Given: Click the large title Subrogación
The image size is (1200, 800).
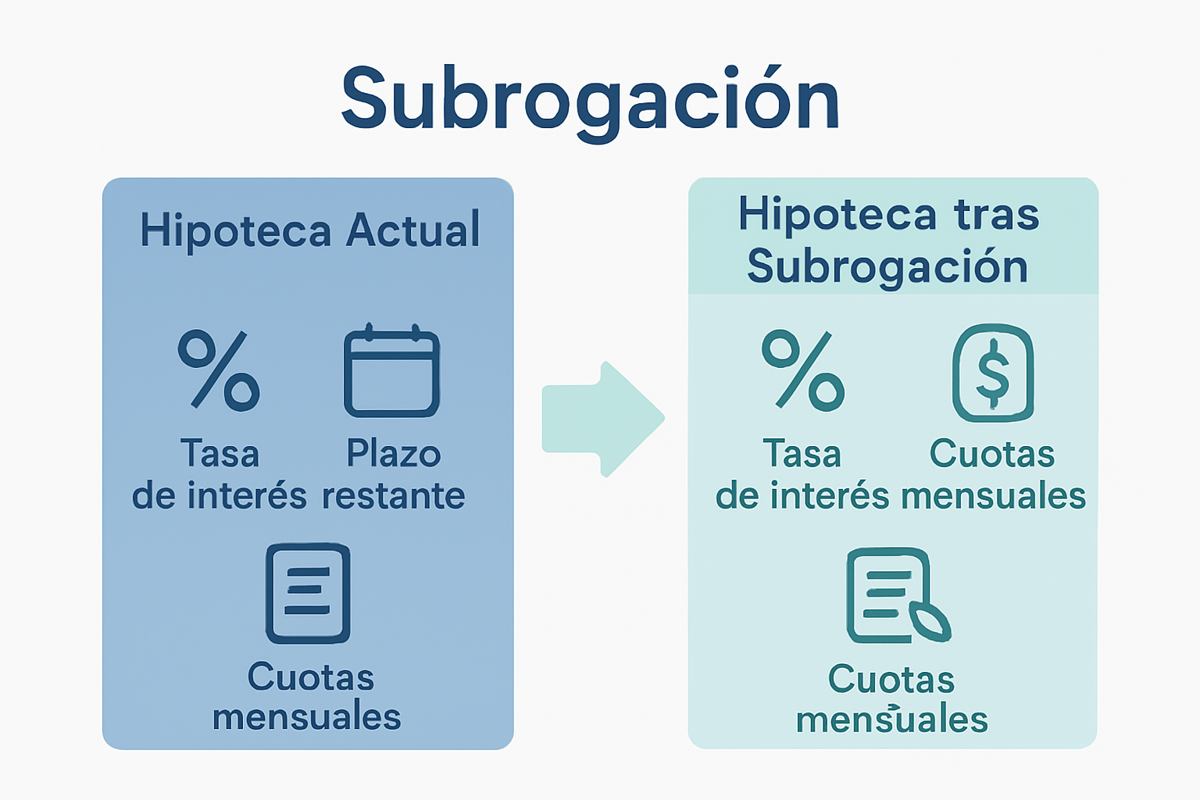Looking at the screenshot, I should [591, 100].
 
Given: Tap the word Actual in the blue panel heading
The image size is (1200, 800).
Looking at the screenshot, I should [412, 230].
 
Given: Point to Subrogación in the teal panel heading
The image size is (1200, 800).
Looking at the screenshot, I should [887, 267].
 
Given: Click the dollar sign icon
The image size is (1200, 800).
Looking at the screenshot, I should [993, 373].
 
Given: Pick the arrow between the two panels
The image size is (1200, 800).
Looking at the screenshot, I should [603, 419].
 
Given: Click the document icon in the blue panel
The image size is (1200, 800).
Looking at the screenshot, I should [308, 594].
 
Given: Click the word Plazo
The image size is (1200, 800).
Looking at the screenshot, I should [394, 454].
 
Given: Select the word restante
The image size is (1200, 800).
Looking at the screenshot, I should [394, 495].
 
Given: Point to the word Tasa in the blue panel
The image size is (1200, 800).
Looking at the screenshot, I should [220, 454].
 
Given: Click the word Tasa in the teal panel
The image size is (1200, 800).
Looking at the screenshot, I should [802, 454].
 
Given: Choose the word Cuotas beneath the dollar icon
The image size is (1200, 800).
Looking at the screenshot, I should [992, 454].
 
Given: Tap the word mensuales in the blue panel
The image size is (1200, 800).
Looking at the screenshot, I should [307, 717].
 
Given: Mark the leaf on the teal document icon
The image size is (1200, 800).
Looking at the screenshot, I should [930, 622].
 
